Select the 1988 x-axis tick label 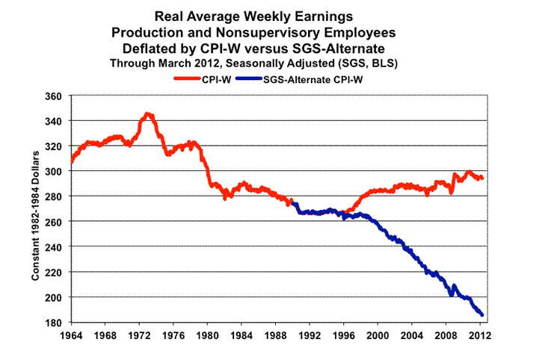tap(276, 335)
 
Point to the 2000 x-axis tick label tap(378, 335)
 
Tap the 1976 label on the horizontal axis tap(173, 335)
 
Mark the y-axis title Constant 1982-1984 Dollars tap(34, 211)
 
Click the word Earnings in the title tap(314, 16)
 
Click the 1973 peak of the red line tap(148, 114)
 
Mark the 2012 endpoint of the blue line tap(483, 314)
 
